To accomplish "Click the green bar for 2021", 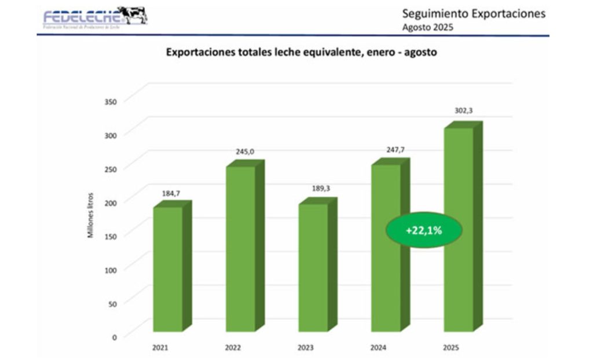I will point(168,269).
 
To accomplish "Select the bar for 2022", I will point(240,249).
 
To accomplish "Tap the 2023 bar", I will point(313,267).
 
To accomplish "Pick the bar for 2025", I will point(459,232).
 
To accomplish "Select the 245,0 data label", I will point(244,152).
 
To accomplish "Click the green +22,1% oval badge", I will point(424,230).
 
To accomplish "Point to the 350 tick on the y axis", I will point(111,101).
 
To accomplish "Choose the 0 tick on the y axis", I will point(114,336).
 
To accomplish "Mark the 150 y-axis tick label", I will point(111,236).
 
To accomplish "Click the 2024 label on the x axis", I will point(378,348).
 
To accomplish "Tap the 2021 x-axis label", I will point(160,348).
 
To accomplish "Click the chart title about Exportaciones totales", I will point(302,52).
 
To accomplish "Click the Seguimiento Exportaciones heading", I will point(474,14).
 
